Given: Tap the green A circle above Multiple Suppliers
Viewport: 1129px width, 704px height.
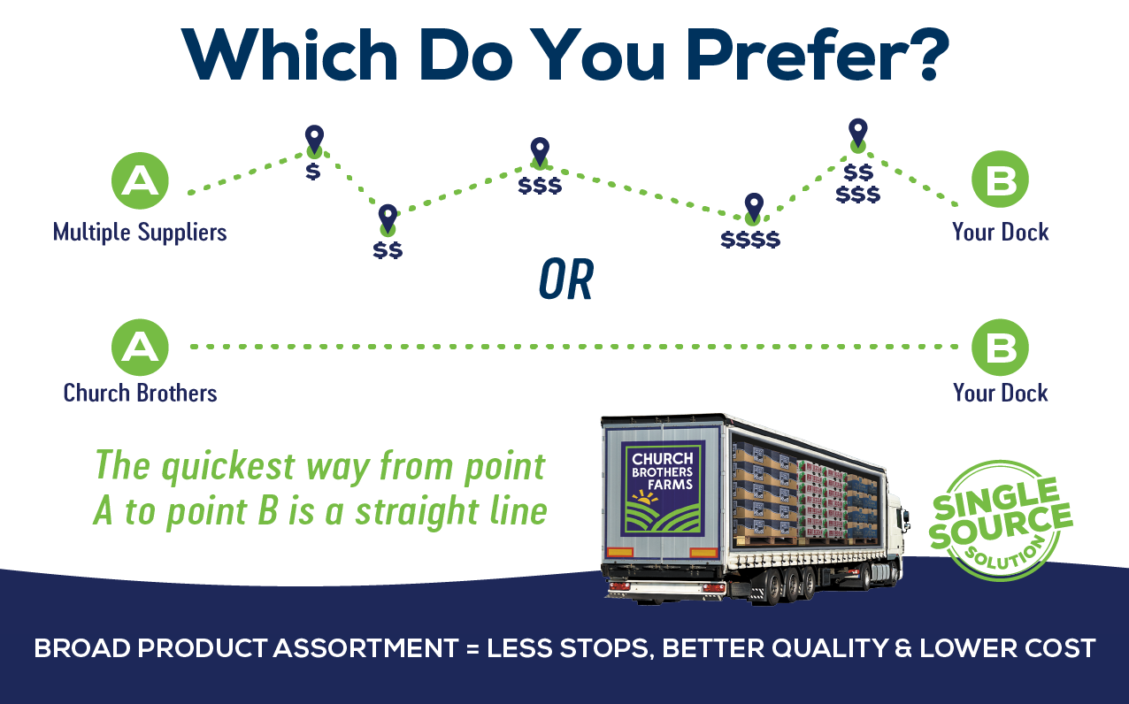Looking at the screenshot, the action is [140, 180].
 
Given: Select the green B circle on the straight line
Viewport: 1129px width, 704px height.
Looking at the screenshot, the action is [1000, 348].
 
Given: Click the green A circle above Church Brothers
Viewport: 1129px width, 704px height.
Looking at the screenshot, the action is [140, 348].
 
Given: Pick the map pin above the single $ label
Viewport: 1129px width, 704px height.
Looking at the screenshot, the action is [314, 140].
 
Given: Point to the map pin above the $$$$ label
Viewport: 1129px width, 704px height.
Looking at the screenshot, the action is [754, 208].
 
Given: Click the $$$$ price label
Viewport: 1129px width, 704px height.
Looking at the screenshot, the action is [750, 240].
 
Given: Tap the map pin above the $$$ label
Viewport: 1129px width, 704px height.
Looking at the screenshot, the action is [540, 152].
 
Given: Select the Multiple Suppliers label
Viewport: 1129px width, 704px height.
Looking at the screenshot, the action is [140, 233].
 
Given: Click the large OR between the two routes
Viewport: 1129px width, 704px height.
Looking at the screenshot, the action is [565, 279].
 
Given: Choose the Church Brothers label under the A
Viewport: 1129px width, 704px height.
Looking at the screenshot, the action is [140, 393].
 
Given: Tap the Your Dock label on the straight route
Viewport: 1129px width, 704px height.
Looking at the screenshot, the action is [1000, 393].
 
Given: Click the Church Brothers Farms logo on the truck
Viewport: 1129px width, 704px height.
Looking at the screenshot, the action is [663, 488].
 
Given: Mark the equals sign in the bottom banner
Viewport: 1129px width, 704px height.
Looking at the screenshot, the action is [472, 648].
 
